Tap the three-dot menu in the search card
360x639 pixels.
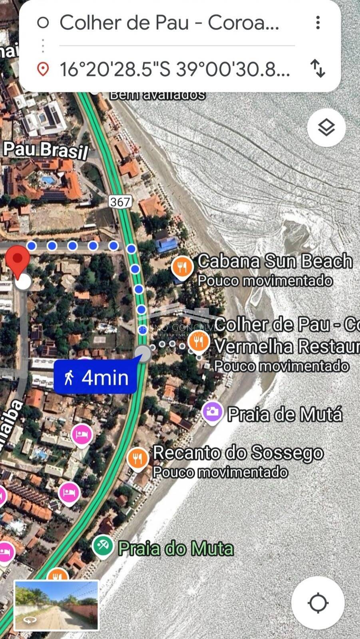pyautogui.click(x=318, y=23)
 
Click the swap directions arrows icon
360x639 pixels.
pyautogui.click(x=318, y=68)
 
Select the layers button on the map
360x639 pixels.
pyautogui.click(x=326, y=127)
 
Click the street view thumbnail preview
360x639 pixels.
pyautogui.click(x=56, y=605)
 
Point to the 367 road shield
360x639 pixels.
pyautogui.click(x=120, y=202)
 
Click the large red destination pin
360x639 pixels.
pyautogui.click(x=17, y=259)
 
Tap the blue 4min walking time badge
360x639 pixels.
pyautogui.click(x=95, y=377)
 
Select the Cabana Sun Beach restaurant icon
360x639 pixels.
pyautogui.click(x=183, y=266)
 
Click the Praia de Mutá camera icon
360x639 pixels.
pyautogui.click(x=212, y=411)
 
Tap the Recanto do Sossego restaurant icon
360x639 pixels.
pyautogui.click(x=137, y=458)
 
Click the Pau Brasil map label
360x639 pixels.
pyautogui.click(x=46, y=150)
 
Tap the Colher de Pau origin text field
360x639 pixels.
pyautogui.click(x=169, y=23)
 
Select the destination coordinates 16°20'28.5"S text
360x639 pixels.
pyautogui.click(x=174, y=69)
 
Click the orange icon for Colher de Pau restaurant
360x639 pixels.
pyautogui.click(x=198, y=342)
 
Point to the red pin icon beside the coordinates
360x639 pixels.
pyautogui.click(x=43, y=69)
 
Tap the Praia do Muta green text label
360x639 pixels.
pyautogui.click(x=176, y=548)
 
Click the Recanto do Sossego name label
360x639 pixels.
pyautogui.click(x=238, y=453)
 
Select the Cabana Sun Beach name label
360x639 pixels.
pyautogui.click(x=275, y=261)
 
